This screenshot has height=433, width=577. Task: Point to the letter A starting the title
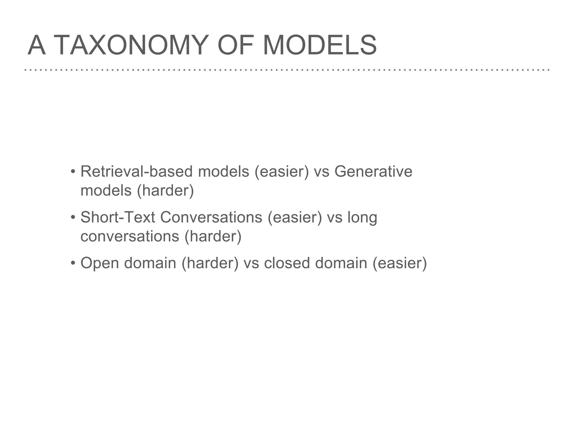[x=37, y=45]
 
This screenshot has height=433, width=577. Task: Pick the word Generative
[x=373, y=171]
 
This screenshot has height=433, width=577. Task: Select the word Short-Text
[x=118, y=217]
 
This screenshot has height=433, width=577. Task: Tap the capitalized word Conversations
[x=211, y=217]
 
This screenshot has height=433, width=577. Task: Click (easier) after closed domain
[x=400, y=263]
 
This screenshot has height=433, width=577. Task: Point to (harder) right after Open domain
[x=210, y=263]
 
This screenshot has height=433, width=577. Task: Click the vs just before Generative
[x=321, y=172]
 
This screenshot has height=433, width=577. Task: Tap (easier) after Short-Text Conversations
[x=295, y=218]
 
